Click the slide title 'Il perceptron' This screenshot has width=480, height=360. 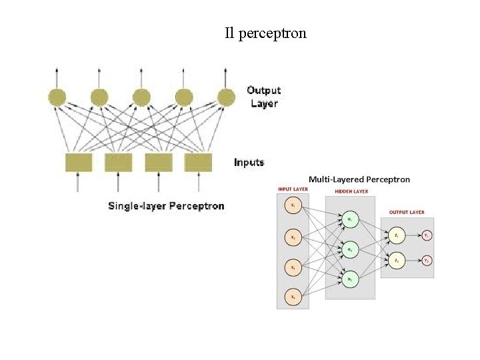coord(265,33)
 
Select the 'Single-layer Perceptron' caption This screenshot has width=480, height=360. coord(166,205)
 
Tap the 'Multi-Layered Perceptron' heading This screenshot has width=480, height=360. coord(359,179)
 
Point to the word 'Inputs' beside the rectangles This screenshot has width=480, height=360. coord(249,162)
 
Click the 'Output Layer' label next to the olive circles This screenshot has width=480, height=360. coord(263,97)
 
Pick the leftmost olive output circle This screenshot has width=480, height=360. coord(57,97)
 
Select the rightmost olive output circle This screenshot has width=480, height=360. coord(226,97)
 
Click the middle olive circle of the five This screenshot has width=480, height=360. coord(141,97)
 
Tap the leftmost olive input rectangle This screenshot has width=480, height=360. coord(79,162)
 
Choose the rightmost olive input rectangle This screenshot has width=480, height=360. coord(198,162)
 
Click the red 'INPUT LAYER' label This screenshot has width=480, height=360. coord(293,189)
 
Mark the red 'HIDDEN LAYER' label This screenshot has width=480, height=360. coord(351,191)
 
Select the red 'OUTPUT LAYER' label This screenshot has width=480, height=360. coord(407,212)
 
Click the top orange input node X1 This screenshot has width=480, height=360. coord(293,206)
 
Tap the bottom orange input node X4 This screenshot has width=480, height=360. coord(293,296)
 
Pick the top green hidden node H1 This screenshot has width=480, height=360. coord(350,219)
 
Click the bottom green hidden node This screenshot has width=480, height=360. coord(350,278)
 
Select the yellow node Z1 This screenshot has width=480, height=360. coord(396,235)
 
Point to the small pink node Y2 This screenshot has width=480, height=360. coord(426,260)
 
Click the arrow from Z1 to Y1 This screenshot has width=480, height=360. coord(412,235)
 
